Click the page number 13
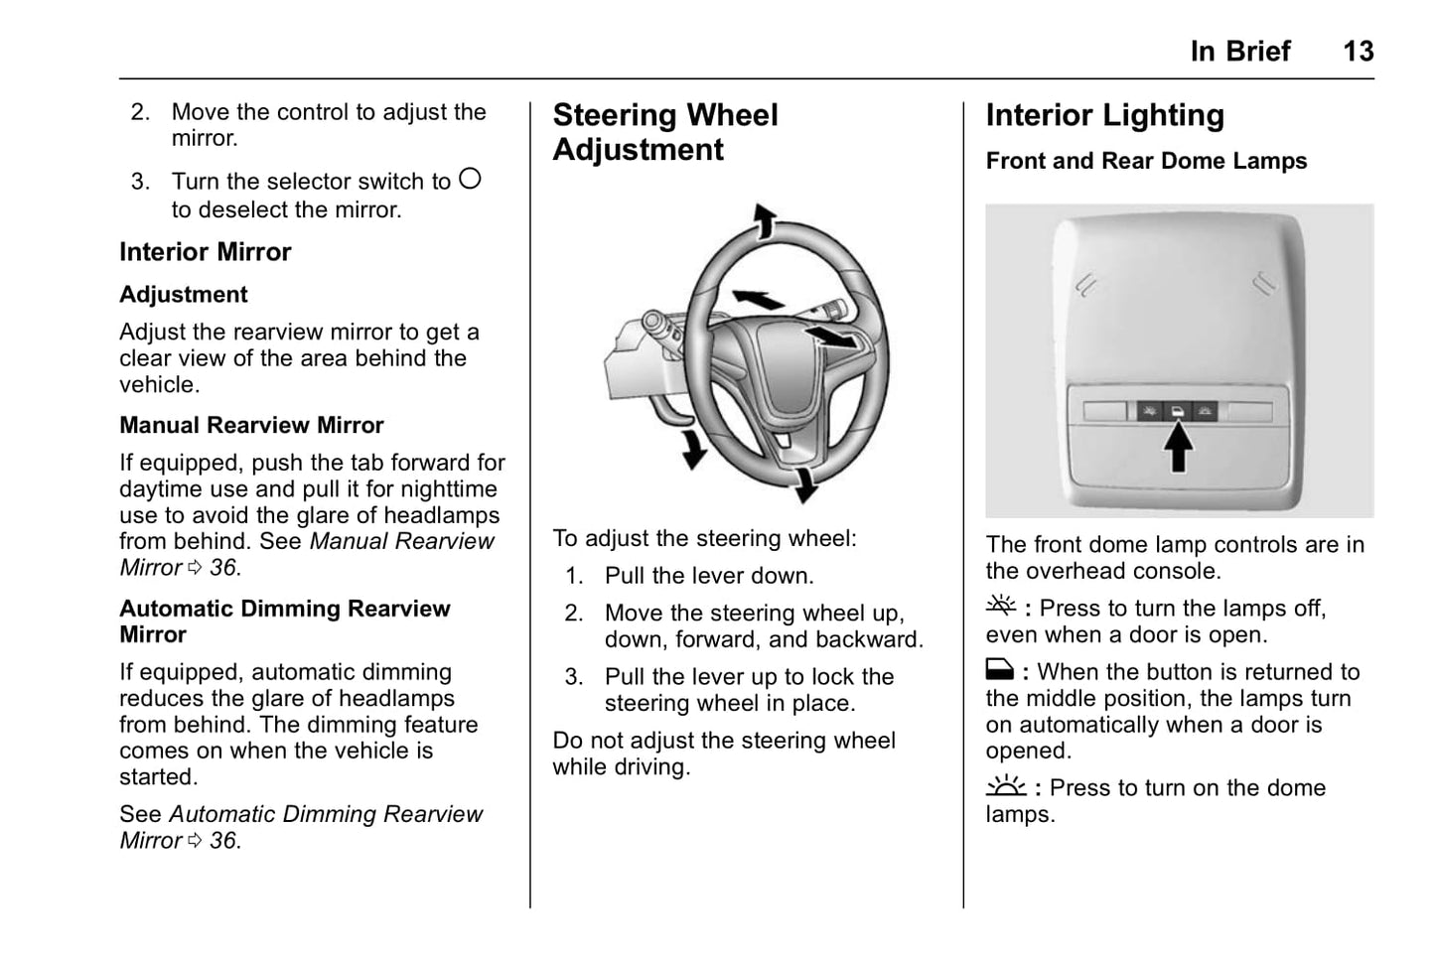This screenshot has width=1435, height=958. coord(1358,52)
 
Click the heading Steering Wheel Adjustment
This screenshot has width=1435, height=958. coord(664,132)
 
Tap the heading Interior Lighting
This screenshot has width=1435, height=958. coord(1104,115)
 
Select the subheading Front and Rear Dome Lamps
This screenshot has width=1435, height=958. coord(1146,161)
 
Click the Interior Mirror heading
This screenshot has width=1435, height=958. coord(206,252)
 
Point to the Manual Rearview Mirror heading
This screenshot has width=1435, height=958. coord(251,425)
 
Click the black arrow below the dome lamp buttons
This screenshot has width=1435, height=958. coord(1178,446)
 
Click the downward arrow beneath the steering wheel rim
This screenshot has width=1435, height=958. coord(804,484)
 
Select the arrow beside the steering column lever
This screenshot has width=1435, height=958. coord(692,448)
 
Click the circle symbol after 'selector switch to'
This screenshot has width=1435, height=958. coord(470,179)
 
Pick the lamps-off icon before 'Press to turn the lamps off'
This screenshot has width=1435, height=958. coord(1001,606)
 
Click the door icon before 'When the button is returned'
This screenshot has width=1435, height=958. coord(999,670)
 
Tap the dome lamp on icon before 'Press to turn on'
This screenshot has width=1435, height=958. coord(1006,786)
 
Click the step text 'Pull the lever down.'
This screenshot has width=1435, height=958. coord(708,576)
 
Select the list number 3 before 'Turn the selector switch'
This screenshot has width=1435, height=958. coord(140,182)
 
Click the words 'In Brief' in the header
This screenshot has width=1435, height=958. coord(1239,52)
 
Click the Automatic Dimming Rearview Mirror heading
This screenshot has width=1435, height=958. coord(284,621)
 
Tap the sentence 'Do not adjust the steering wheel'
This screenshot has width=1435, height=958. coord(723,741)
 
